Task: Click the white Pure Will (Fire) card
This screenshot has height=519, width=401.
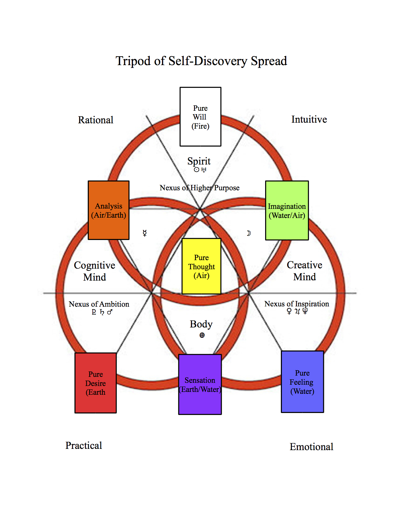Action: coord(200,117)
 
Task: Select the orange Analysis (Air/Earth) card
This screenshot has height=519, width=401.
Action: coord(109,210)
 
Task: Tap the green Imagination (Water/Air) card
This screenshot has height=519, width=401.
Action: coord(287,210)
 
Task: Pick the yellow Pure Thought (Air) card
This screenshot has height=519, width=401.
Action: coord(201,266)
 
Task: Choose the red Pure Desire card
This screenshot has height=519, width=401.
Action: coord(96,383)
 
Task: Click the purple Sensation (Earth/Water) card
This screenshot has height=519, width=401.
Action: coord(200,384)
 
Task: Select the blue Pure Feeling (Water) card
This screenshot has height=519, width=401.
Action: coord(302,382)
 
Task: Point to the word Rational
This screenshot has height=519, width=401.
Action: coord(96,120)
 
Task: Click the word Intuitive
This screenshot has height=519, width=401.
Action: coord(309,119)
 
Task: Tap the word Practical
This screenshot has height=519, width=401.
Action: coord(84,445)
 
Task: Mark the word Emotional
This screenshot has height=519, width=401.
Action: coord(311,447)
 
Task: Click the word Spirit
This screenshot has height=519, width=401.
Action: coord(199,161)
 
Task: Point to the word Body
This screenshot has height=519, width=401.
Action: coord(201,324)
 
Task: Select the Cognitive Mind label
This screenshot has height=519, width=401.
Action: coord(95,271)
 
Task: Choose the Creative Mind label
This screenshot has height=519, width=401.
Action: coord(304,271)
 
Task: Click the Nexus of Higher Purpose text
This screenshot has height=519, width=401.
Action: coord(200,188)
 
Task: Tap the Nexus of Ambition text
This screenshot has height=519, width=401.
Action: coord(99,304)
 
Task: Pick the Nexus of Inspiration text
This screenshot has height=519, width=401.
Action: coord(297,304)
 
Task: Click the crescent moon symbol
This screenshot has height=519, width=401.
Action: coord(249,233)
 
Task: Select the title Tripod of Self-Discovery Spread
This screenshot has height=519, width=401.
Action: coord(201,61)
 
